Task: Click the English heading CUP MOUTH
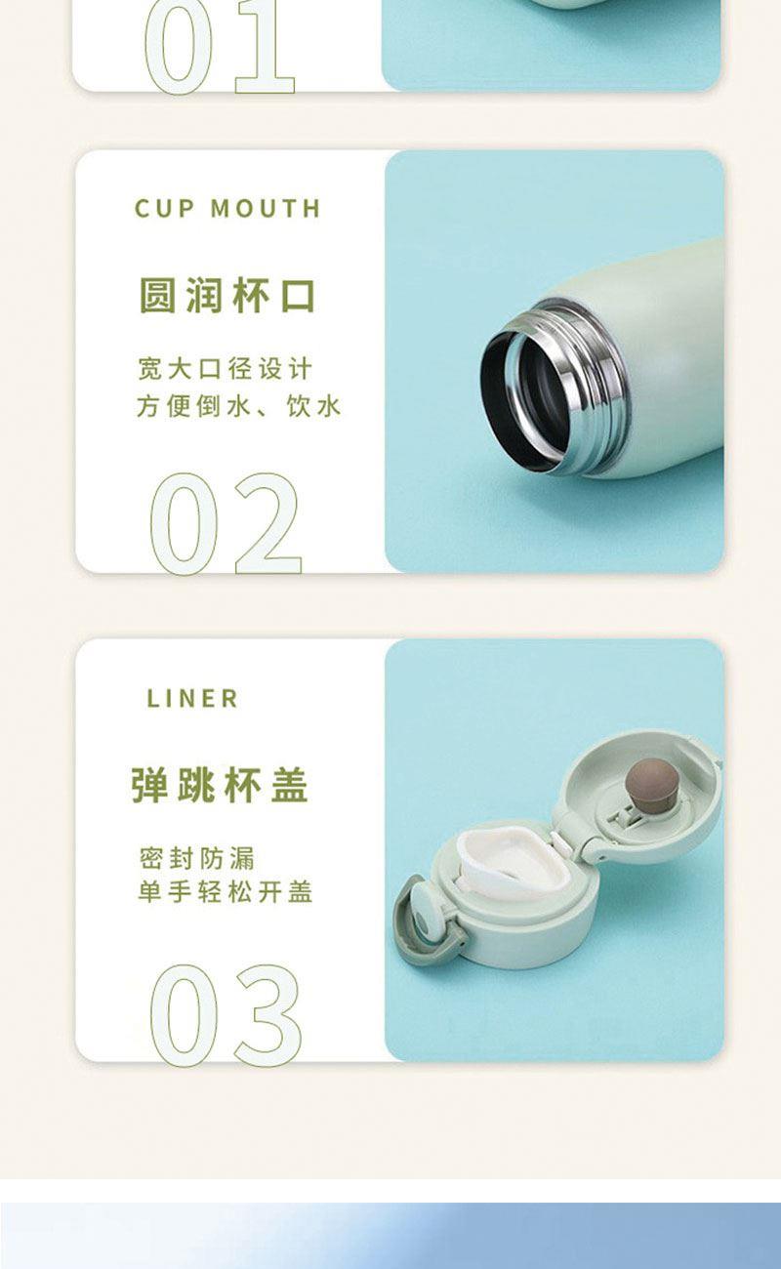coord(227,209)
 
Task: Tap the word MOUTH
coord(266,209)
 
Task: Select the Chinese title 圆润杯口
coord(226,295)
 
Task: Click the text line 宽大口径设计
coord(225,369)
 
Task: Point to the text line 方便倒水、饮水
coord(238,406)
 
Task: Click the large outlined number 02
coord(226,523)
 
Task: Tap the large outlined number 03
coord(226,1015)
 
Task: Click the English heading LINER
coord(192,699)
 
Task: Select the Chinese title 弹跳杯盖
coord(220,785)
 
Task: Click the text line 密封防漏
coord(196,858)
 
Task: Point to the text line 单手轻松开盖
coord(225,892)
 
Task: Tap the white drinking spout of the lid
coord(513,860)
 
